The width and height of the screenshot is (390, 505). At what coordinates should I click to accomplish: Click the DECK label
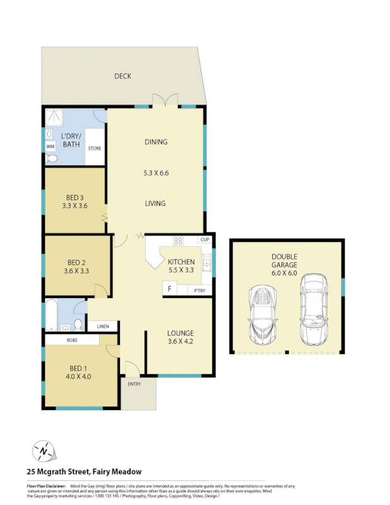[x=122, y=76]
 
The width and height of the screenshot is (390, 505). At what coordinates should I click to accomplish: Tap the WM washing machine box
[x=50, y=146]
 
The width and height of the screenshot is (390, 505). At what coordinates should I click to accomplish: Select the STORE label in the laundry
[x=95, y=148]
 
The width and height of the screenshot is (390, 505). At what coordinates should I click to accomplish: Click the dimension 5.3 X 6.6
[x=155, y=172]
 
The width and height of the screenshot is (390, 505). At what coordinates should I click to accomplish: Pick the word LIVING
[x=155, y=203]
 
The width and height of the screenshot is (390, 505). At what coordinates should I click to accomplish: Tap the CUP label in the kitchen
[x=204, y=240]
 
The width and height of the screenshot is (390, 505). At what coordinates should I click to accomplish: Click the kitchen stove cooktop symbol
[x=178, y=241]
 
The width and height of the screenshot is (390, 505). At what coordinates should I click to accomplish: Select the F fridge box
[x=168, y=290]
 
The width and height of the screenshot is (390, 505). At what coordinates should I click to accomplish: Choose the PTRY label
[x=200, y=290]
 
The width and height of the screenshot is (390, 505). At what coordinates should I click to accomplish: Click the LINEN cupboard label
[x=103, y=326]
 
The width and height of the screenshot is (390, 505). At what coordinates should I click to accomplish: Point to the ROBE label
[x=71, y=340]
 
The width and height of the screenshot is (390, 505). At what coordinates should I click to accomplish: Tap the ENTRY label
[x=134, y=384]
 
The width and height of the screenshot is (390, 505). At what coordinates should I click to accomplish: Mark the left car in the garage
[x=263, y=312]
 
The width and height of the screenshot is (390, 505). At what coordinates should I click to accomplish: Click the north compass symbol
[x=43, y=451]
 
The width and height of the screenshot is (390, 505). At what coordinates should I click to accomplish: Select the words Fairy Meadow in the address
[x=117, y=471]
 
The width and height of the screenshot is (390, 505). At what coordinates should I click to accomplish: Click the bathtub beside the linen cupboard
[x=51, y=314]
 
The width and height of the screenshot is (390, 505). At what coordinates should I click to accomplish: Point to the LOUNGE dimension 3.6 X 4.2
[x=180, y=344]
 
